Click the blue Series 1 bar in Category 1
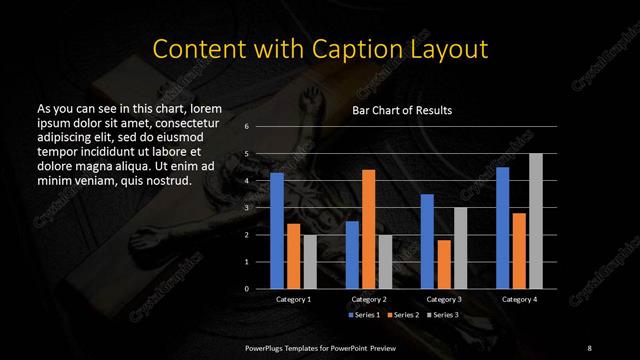coord(277,230)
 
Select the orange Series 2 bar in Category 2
coord(368,229)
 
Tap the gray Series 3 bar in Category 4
coord(536,221)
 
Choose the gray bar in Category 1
coord(310,261)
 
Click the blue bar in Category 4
coord(503,227)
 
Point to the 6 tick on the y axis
coord(246,127)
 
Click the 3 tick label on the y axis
coord(246,208)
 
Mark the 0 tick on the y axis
coord(246,288)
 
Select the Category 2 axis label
coord(369,299)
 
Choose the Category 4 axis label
coord(519,299)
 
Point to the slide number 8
coord(589,346)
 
